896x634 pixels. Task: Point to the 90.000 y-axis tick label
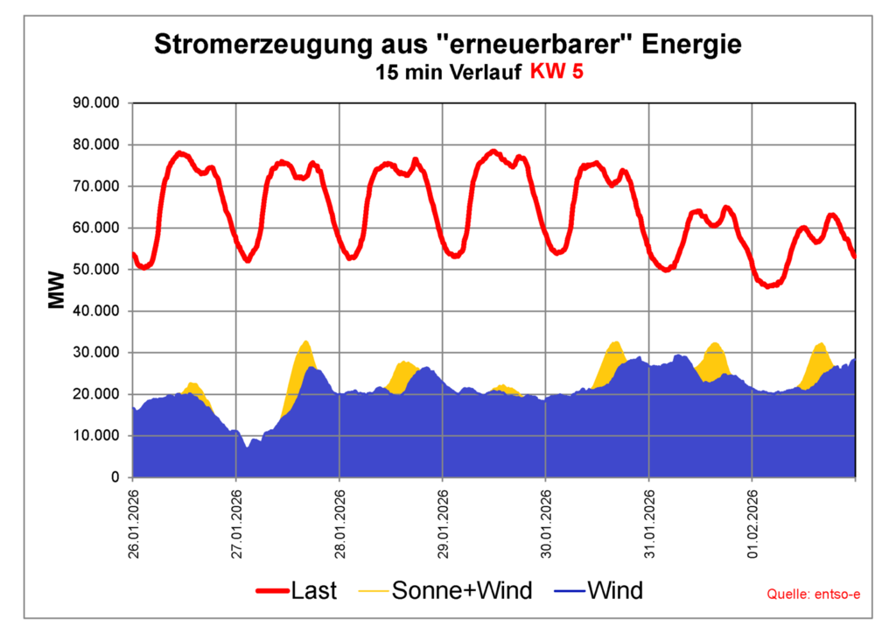tap(98, 103)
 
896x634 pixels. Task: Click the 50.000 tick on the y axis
tap(98, 270)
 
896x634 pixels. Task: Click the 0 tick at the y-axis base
tap(115, 478)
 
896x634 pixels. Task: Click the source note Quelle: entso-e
tap(813, 595)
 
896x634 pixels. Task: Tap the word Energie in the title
tap(692, 44)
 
